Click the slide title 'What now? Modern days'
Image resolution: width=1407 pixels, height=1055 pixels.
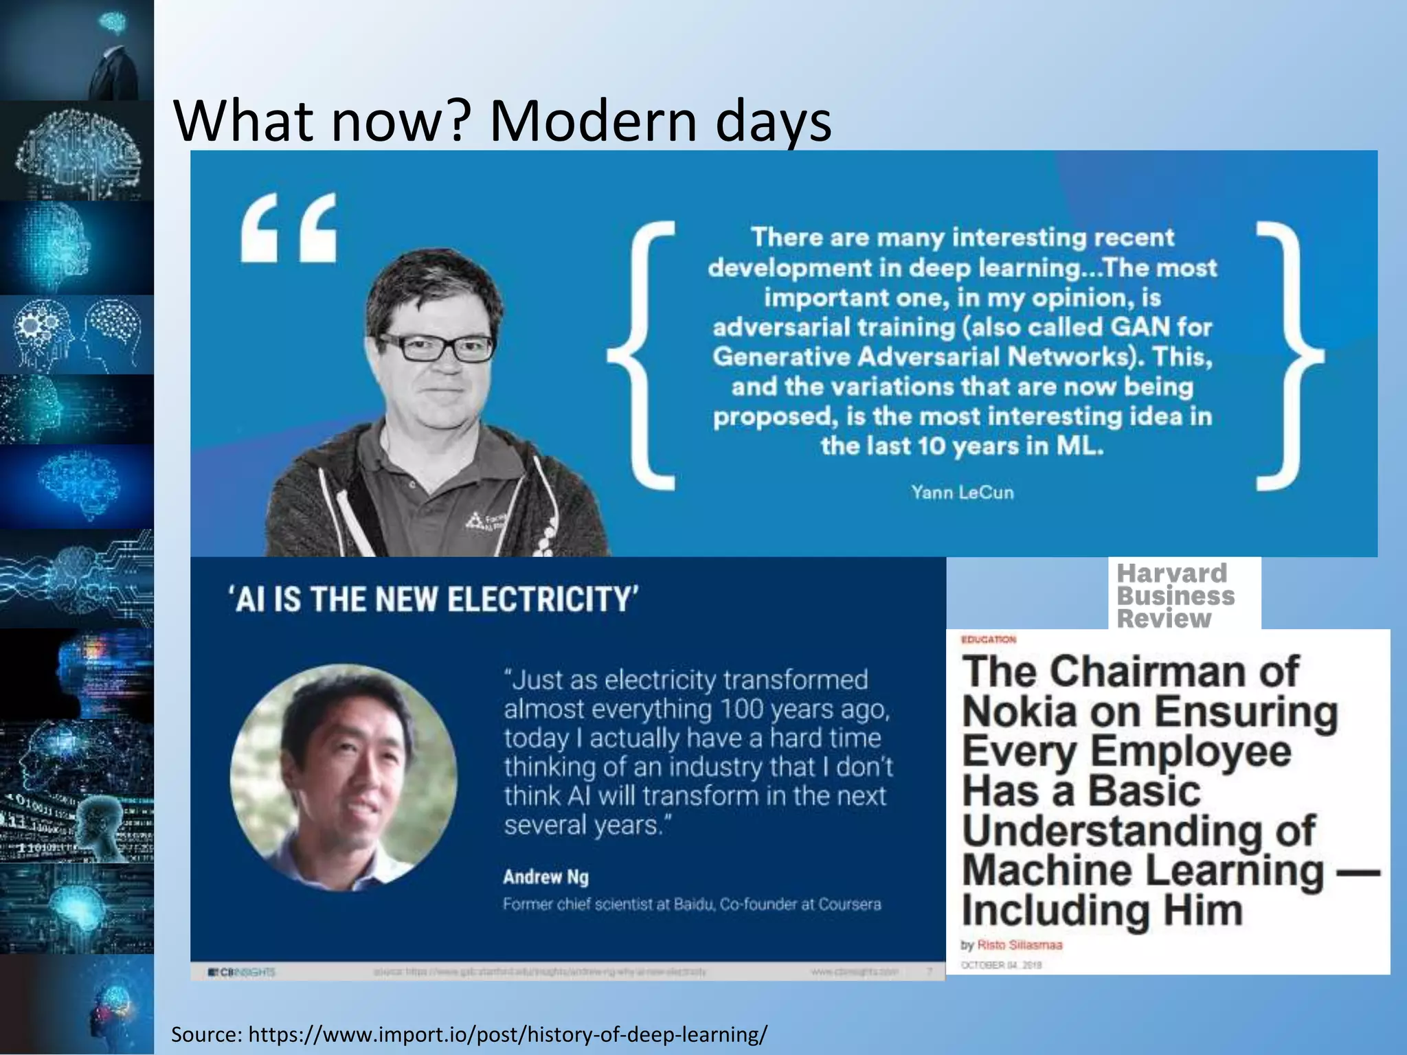click(503, 121)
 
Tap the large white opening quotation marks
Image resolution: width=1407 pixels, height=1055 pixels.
click(289, 227)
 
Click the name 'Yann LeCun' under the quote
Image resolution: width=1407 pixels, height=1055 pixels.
click(962, 492)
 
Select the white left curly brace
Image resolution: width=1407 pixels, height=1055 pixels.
click(642, 356)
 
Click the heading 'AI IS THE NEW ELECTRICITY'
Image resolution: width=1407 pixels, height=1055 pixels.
click(434, 598)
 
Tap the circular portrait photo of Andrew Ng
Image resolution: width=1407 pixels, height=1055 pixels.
click(344, 778)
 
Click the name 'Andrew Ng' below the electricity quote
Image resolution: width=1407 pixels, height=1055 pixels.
click(545, 876)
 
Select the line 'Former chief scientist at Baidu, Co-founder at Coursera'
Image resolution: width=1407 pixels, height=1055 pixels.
click(691, 904)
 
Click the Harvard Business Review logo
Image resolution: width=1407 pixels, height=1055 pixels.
click(1176, 595)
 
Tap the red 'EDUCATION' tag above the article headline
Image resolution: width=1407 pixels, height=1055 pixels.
click(989, 639)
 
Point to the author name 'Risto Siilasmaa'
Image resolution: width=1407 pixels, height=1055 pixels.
click(1020, 944)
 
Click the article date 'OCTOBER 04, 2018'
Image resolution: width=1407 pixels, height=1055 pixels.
click(1001, 964)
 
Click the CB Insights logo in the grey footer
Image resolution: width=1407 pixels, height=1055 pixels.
click(242, 972)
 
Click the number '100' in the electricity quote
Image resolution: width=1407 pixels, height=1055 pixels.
click(741, 709)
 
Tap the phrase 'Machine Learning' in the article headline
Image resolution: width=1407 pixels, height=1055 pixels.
click(1142, 870)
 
